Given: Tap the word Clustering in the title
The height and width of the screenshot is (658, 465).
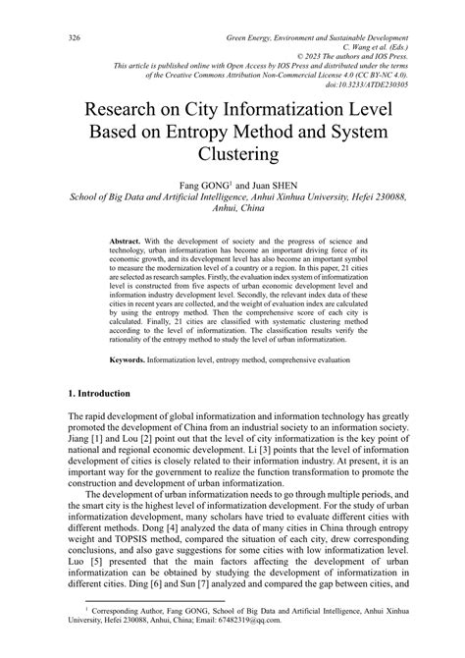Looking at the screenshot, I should coord(232,154).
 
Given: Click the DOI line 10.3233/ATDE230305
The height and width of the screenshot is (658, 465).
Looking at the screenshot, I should coord(370,84).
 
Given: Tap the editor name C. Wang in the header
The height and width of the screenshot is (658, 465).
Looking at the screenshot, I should coord(357,49).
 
